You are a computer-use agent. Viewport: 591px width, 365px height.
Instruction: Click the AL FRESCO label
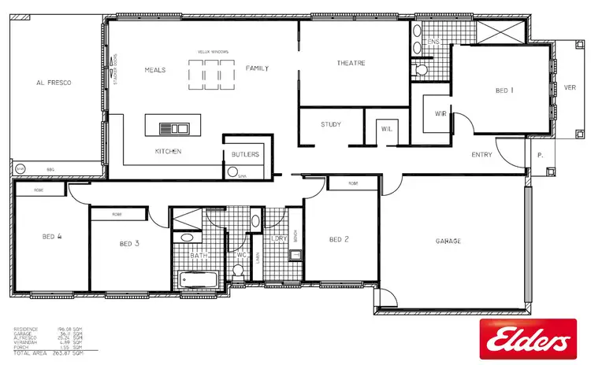click(x=54, y=82)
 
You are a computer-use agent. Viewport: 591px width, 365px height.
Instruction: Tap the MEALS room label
click(x=154, y=69)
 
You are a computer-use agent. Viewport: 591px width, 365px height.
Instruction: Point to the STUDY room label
click(x=330, y=124)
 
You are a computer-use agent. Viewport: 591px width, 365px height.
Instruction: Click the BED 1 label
click(x=505, y=90)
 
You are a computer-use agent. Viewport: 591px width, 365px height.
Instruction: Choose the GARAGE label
click(x=448, y=241)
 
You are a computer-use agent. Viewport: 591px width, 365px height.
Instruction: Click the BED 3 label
click(x=129, y=244)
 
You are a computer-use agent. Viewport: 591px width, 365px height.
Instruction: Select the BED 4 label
click(x=52, y=235)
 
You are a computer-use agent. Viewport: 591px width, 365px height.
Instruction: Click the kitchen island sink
click(x=173, y=127)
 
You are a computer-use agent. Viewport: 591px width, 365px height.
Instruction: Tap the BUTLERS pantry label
click(x=246, y=154)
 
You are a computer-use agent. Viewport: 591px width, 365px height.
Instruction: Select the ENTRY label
click(x=482, y=155)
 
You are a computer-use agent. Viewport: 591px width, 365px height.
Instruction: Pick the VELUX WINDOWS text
click(x=214, y=52)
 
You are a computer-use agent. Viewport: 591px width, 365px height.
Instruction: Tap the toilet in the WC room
click(x=238, y=271)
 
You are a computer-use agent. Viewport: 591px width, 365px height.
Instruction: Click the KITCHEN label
click(x=169, y=150)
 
